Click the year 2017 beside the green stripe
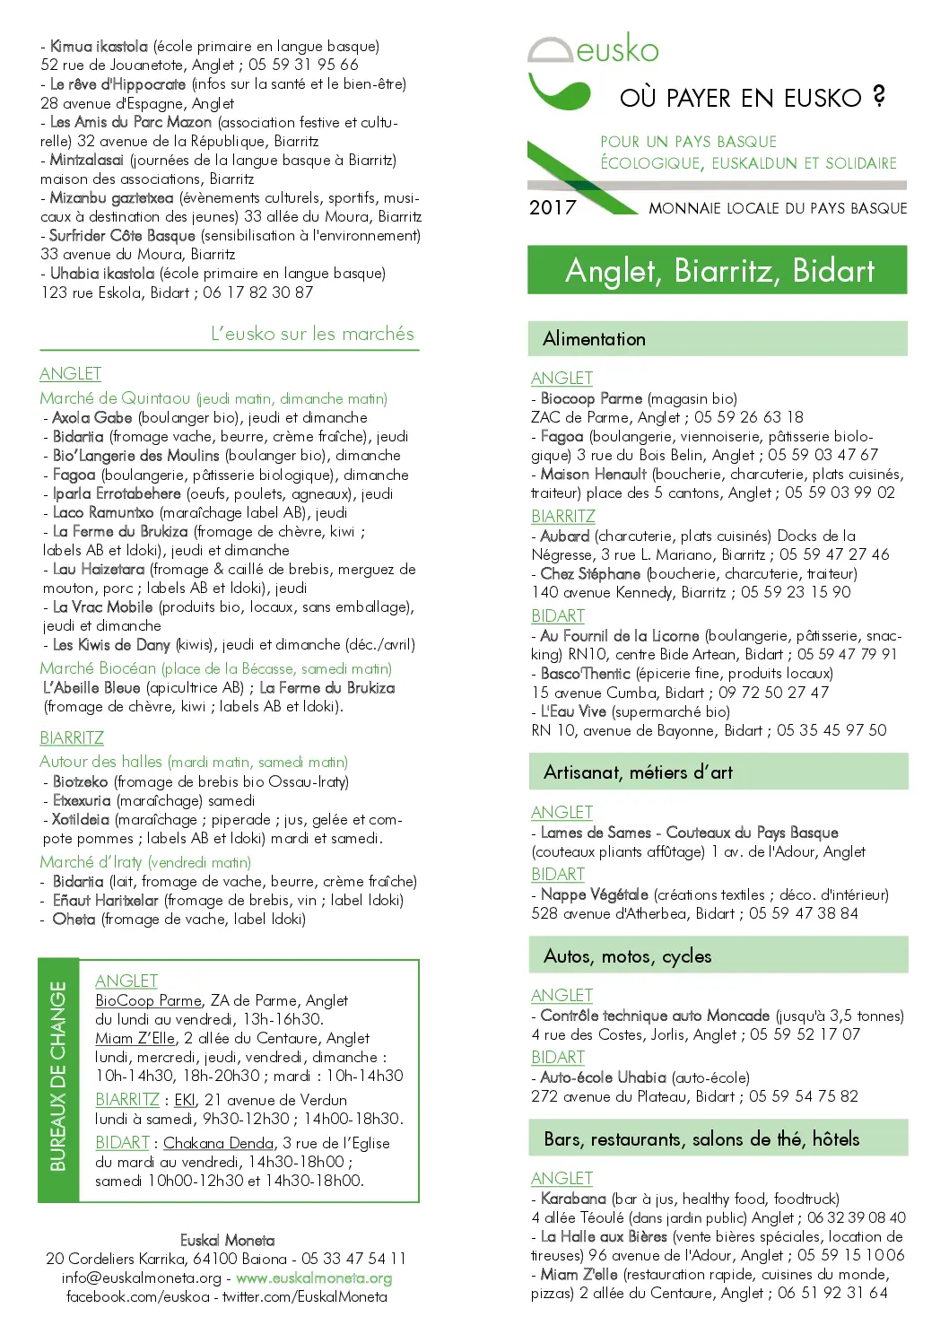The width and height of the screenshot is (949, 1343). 553,207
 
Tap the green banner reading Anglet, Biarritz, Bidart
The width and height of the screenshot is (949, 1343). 718,270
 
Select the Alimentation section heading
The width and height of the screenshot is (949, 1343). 594,339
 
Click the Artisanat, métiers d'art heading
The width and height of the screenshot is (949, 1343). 638,772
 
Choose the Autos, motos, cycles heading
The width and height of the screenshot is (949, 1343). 627,956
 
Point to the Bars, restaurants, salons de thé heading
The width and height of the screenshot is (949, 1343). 701,1139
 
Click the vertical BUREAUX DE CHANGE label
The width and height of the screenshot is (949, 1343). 58,1076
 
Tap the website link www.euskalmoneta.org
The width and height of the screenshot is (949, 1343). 314,1278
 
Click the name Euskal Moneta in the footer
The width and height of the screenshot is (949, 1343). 228,1240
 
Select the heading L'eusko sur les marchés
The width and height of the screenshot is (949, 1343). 312,334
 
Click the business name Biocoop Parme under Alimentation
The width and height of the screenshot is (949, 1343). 591,398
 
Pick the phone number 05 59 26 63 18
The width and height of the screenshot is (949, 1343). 748,417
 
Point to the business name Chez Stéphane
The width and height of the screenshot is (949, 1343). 590,573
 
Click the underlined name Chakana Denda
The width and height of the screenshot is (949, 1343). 218,1143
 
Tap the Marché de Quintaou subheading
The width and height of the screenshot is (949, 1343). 115,398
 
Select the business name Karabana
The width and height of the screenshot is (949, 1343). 573,1199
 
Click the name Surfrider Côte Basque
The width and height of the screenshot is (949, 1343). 122,236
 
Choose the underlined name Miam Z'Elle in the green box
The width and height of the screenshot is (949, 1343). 135,1038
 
